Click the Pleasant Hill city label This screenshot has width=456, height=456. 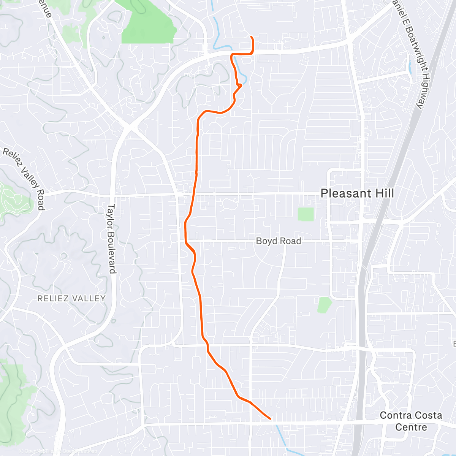pos(357,193)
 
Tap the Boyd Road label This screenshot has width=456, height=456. pos(278,241)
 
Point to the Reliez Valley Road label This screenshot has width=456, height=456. pos(24,179)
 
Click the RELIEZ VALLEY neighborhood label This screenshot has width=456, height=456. pos(71,298)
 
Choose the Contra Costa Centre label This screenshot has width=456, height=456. pos(411,421)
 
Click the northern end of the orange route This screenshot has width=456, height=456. pos(251,36)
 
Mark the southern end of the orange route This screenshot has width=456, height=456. pos(270,419)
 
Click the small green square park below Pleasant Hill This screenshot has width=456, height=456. pos(306,214)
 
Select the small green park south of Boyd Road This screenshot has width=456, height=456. pos(324,305)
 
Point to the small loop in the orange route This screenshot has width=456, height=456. pos(239,85)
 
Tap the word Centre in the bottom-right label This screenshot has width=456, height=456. pos(411,427)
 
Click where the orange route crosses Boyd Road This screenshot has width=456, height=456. pos(186,241)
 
